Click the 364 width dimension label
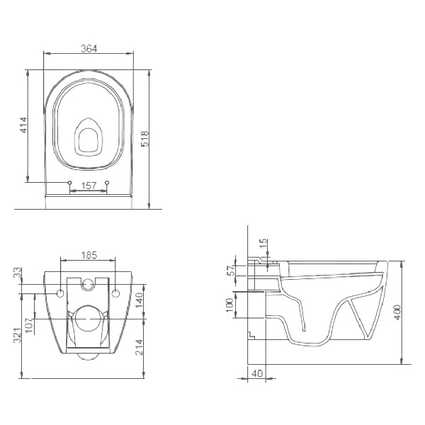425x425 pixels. [x=89, y=48]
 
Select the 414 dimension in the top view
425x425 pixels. [x=24, y=125]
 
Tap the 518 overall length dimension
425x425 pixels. [x=145, y=139]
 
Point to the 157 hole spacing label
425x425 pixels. [x=89, y=186]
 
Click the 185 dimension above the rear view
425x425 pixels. [x=89, y=255]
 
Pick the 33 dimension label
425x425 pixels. [x=17, y=272]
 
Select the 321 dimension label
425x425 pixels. [x=17, y=336]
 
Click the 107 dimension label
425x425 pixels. [x=29, y=325]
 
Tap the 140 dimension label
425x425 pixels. [x=139, y=300]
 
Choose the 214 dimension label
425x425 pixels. [x=139, y=347]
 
